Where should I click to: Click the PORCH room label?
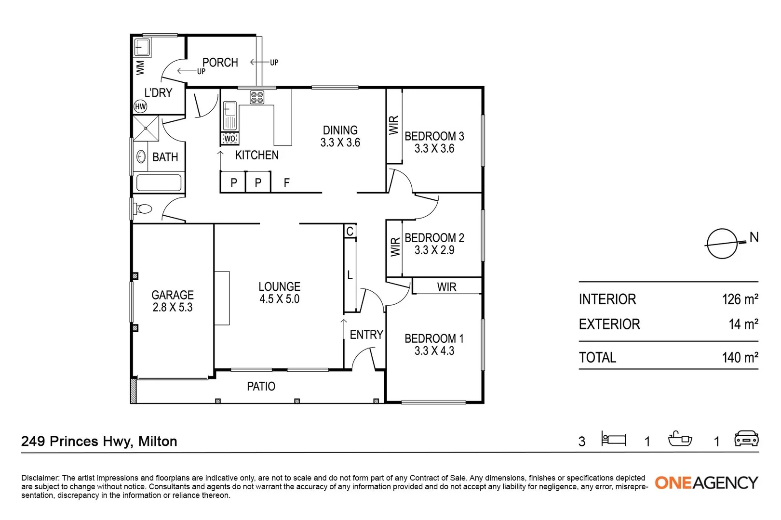(x=220, y=63)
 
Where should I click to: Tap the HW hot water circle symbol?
(x=140, y=107)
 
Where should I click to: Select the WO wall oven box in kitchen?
(x=230, y=139)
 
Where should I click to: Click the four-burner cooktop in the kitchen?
(x=257, y=97)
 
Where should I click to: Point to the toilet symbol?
(x=142, y=209)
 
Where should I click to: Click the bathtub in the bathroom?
(x=159, y=183)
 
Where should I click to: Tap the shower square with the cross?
(x=146, y=128)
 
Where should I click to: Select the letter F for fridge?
(x=287, y=183)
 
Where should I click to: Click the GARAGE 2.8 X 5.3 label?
(x=173, y=301)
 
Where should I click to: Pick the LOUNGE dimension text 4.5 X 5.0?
(x=279, y=299)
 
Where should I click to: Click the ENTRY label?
(x=366, y=335)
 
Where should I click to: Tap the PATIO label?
(x=261, y=386)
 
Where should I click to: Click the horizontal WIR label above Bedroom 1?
(x=446, y=287)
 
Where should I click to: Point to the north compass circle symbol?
(x=722, y=244)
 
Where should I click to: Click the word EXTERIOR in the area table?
(x=609, y=324)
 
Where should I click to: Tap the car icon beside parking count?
(x=746, y=439)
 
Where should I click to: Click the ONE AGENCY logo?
(x=706, y=482)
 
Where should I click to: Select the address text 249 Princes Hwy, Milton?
(x=99, y=441)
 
